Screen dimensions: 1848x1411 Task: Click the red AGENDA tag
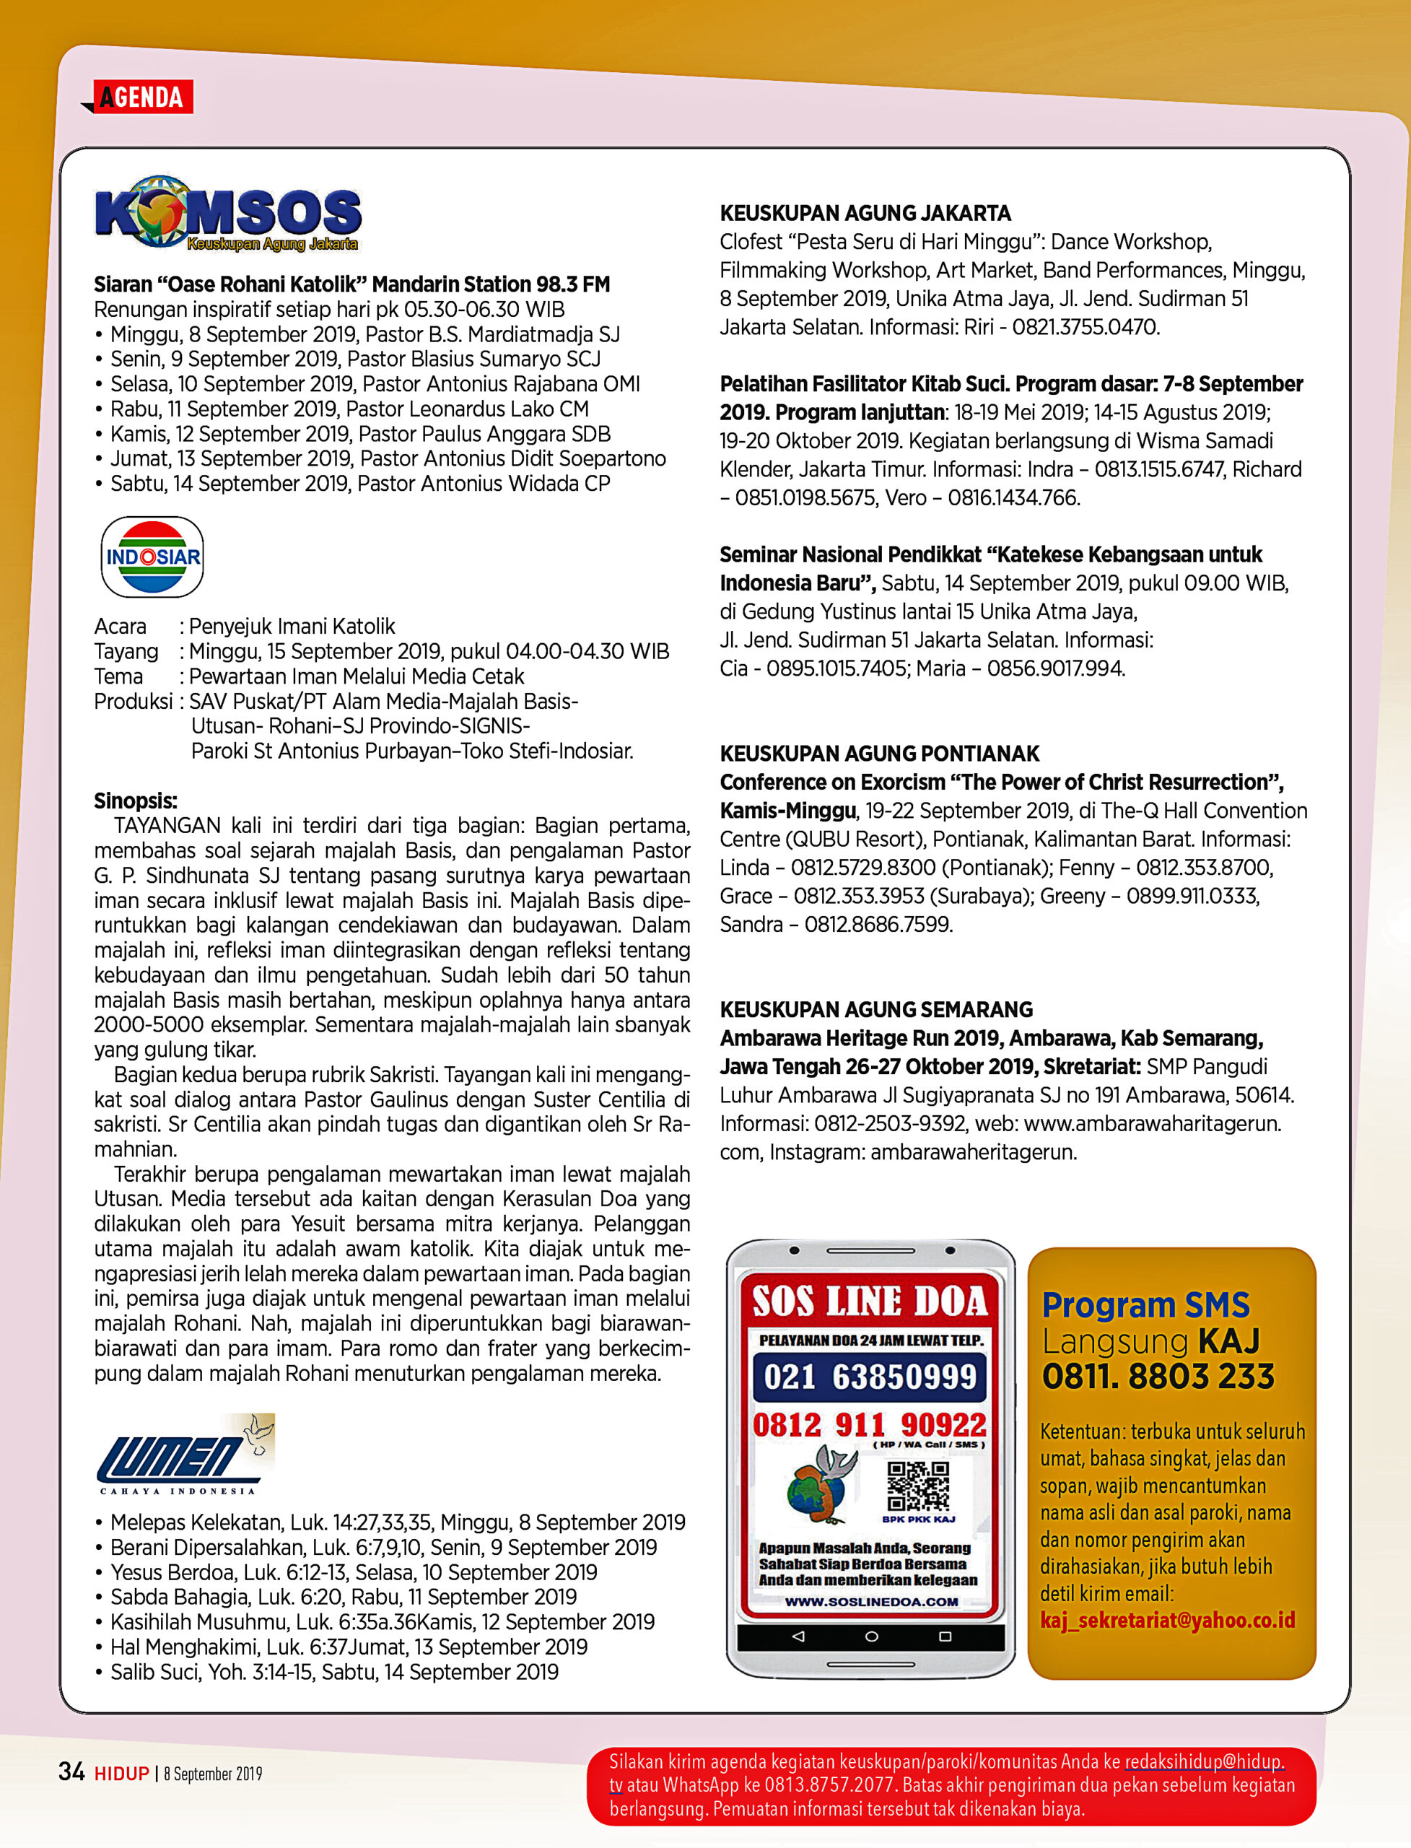pyautogui.click(x=143, y=97)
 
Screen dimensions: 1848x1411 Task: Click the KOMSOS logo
pyautogui.click(x=229, y=214)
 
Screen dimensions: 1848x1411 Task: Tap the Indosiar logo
pyautogui.click(x=152, y=557)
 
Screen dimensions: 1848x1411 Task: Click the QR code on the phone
pyautogui.click(x=918, y=1486)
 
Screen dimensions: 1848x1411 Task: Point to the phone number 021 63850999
pyautogui.click(x=870, y=1377)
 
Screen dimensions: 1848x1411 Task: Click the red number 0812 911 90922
pyautogui.click(x=870, y=1425)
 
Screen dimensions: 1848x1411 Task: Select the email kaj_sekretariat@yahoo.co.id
pyautogui.click(x=1168, y=1621)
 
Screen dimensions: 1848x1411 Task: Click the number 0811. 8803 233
pyautogui.click(x=1158, y=1377)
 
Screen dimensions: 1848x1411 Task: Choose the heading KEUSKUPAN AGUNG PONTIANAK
pyautogui.click(x=879, y=754)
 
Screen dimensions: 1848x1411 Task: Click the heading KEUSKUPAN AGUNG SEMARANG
pyautogui.click(x=876, y=1010)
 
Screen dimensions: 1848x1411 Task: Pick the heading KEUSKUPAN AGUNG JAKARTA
pyautogui.click(x=865, y=214)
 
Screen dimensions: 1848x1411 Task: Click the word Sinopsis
pyautogui.click(x=135, y=801)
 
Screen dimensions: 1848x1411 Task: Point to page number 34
pyautogui.click(x=71, y=1771)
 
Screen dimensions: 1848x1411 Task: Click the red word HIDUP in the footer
pyautogui.click(x=121, y=1773)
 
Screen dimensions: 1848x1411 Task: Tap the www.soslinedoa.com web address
pyautogui.click(x=871, y=1602)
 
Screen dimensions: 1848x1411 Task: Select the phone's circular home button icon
pyautogui.click(x=871, y=1636)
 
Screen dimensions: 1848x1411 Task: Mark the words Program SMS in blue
pyautogui.click(x=1145, y=1305)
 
